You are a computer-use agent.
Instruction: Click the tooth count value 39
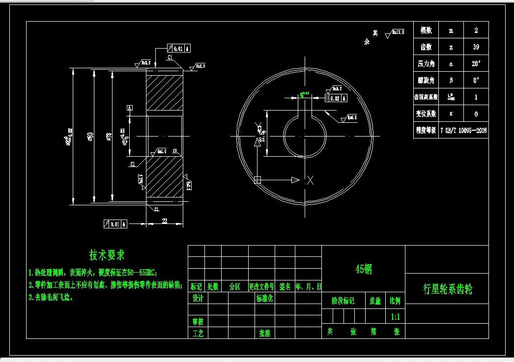tap(475, 47)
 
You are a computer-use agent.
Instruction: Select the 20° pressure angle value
tap(475, 64)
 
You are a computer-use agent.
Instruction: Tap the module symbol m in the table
tap(451, 30)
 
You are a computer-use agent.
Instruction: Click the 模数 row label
tap(426, 30)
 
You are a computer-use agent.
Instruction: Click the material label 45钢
tap(364, 269)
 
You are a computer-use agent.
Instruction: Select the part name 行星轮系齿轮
tap(447, 289)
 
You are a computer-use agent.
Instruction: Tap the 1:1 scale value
tap(395, 317)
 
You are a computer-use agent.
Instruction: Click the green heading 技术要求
tap(107, 255)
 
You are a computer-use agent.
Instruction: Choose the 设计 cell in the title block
tap(198, 298)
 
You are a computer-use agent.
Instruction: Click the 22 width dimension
tap(165, 222)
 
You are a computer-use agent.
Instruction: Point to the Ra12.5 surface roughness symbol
tap(396, 33)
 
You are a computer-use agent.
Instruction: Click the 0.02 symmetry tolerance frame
tap(336, 98)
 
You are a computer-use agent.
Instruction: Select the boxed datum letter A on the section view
tap(130, 108)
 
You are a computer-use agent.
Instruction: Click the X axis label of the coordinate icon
tap(310, 180)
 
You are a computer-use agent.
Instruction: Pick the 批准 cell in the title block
tap(264, 333)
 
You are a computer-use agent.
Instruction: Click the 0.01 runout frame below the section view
tap(115, 224)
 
